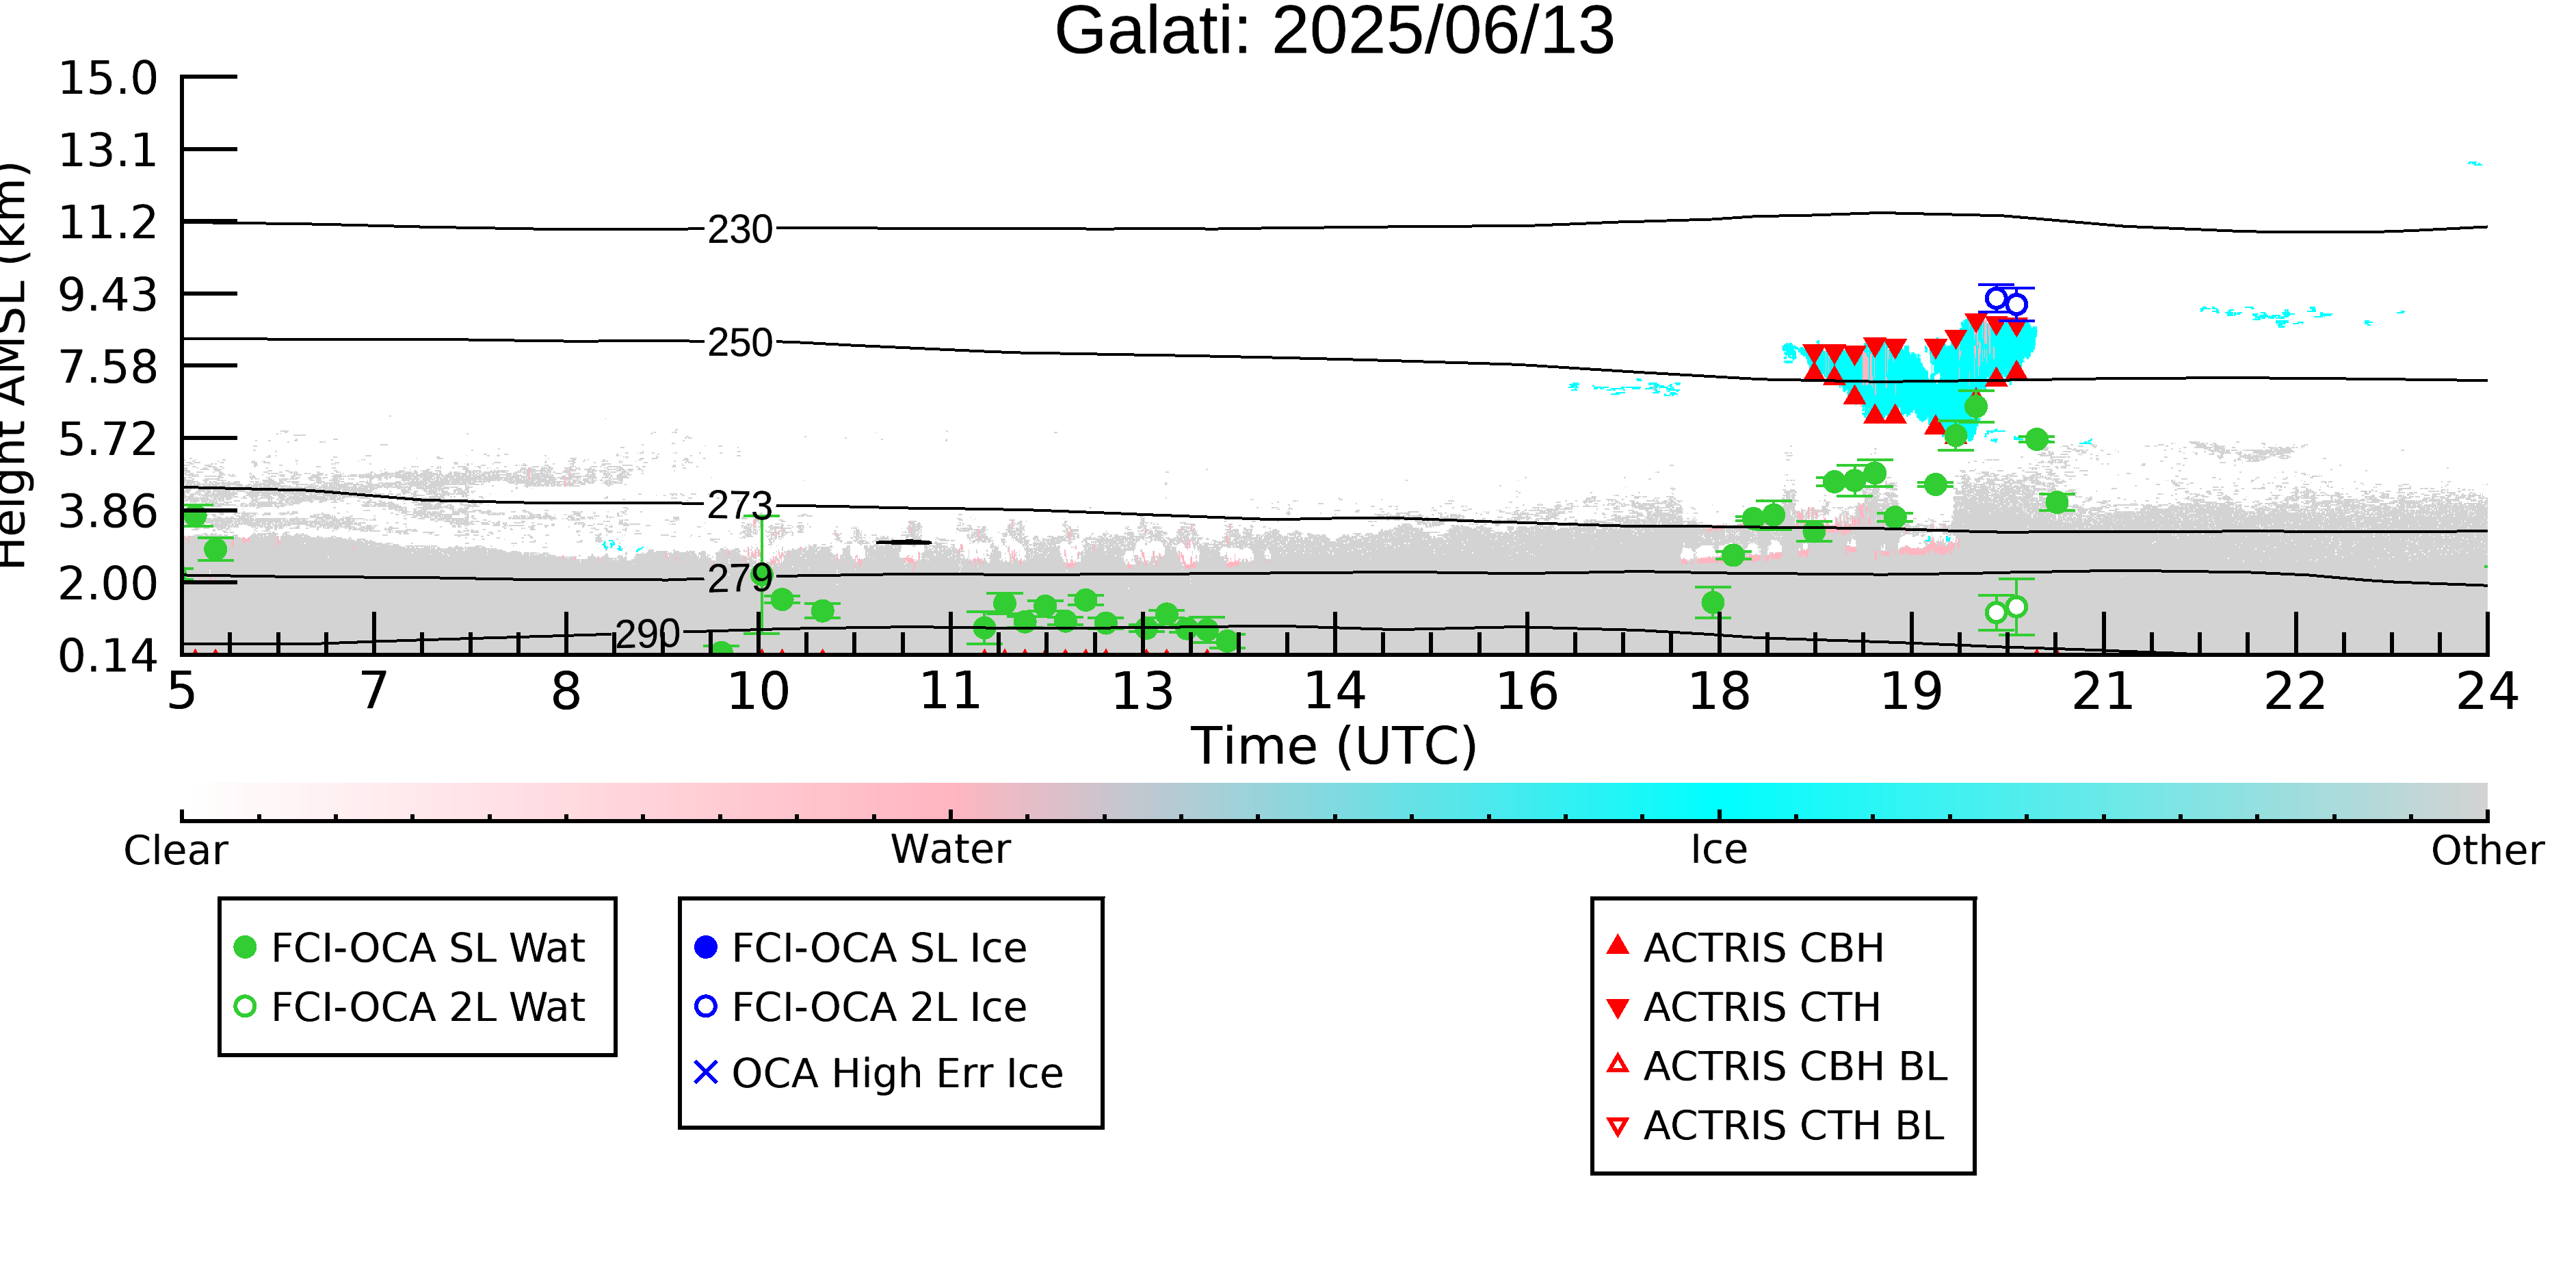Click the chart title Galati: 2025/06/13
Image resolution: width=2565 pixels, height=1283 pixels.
[x=1334, y=32]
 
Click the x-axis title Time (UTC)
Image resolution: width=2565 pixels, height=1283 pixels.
[x=1334, y=746]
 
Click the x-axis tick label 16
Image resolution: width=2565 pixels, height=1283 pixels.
[x=1527, y=691]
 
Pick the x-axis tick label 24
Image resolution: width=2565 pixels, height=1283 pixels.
[x=2487, y=691]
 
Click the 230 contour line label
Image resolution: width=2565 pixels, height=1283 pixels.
[x=740, y=230]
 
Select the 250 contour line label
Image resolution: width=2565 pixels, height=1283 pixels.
[x=740, y=344]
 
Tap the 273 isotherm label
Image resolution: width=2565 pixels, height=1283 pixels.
[x=740, y=507]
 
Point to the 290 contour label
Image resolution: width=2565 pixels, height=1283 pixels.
[x=647, y=634]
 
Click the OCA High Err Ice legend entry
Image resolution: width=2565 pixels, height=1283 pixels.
[x=878, y=1074]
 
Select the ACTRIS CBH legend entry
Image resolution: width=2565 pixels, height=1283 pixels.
[x=1744, y=947]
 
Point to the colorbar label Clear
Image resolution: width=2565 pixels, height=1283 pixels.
[x=175, y=851]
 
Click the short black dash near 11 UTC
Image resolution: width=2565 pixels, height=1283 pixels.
[x=903, y=543]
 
